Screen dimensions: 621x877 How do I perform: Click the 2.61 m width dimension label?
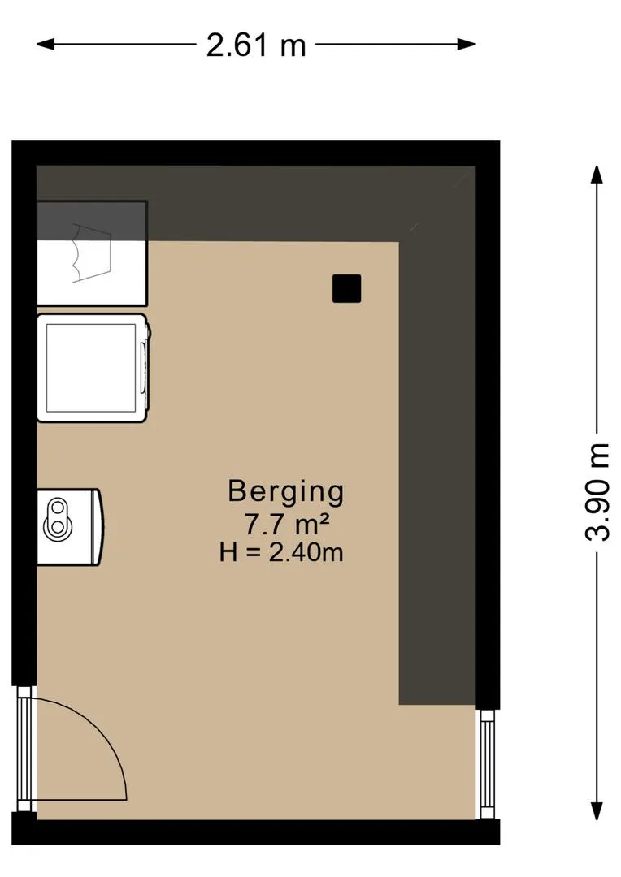[256, 45]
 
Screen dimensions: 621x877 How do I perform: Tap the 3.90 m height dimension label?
[597, 491]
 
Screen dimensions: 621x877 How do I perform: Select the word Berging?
[285, 491]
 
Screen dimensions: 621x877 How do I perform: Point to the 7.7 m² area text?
[285, 525]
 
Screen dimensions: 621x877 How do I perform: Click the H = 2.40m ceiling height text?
[281, 553]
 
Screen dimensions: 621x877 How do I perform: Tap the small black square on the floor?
[346, 289]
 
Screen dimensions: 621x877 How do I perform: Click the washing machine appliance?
[93, 368]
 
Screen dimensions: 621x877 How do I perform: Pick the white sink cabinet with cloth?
[92, 253]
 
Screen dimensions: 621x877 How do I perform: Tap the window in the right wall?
[487, 764]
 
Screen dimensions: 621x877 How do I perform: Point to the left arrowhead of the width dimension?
[46, 44]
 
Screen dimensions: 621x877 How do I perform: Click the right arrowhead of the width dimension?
[466, 44]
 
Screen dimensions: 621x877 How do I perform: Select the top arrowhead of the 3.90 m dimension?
[597, 175]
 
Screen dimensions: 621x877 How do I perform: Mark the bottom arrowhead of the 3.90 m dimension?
[597, 810]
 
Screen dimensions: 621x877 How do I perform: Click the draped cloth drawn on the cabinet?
[91, 253]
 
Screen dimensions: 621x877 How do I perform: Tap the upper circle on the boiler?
[57, 508]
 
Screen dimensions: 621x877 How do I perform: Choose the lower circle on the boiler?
[57, 527]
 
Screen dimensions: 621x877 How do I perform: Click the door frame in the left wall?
[24, 749]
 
